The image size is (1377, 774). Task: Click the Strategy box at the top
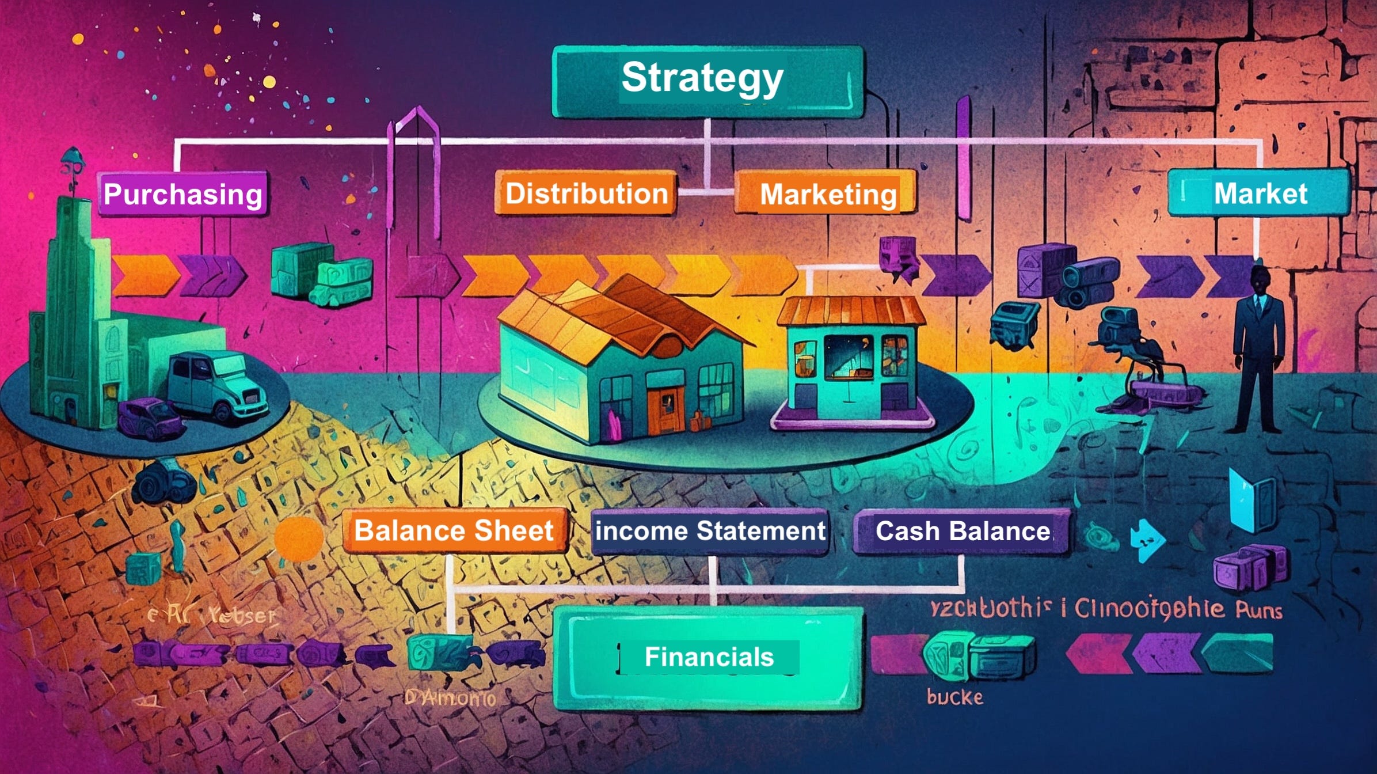pos(707,81)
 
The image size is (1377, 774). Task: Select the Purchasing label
pos(182,194)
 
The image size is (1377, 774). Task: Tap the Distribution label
pos(586,193)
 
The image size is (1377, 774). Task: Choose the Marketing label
pos(827,194)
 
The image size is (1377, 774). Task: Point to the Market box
pos(1259,193)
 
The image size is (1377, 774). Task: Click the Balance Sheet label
pos(454,530)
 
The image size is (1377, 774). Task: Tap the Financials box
pos(708,657)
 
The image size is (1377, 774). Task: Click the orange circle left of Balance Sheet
pos(298,539)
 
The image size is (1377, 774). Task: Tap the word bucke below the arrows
pos(954,697)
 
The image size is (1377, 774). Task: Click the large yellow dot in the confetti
pos(269,82)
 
